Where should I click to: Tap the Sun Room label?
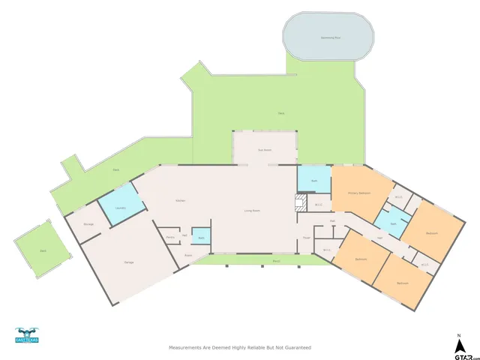(264, 150)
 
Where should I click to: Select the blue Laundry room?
(119, 208)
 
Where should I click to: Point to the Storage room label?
(88, 224)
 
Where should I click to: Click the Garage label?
(118, 262)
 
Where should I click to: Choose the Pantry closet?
(170, 238)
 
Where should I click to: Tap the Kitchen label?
(180, 201)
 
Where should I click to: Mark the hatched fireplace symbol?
(301, 202)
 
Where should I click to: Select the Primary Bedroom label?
(359, 193)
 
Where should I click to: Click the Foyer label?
(306, 238)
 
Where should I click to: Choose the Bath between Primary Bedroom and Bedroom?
(393, 223)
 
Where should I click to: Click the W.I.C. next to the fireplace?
(318, 204)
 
